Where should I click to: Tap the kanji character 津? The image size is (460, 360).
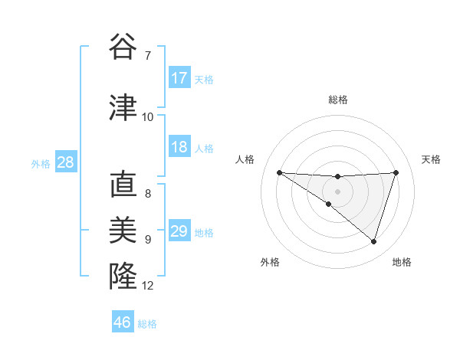point(122,106)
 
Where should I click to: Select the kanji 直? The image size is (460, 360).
point(122,185)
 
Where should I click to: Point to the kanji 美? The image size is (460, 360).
point(122,230)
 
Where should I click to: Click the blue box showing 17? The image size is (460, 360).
point(179,78)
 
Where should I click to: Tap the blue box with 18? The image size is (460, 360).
point(179,147)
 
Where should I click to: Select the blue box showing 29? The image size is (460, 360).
point(179,231)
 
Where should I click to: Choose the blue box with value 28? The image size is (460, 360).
point(65,162)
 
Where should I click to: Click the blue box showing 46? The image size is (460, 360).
point(123,322)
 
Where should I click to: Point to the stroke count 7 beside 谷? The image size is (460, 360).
point(147,55)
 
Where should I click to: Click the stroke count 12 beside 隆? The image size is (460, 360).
point(148,286)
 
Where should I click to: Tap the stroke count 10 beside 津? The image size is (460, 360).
point(148,117)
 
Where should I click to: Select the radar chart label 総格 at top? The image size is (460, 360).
point(338,100)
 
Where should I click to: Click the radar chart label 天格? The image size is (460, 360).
point(431,159)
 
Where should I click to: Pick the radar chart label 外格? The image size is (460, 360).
point(270,262)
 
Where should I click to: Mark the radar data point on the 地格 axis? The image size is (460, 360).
point(373,241)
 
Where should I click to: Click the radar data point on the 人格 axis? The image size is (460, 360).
point(279,172)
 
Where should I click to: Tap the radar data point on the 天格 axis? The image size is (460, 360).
point(396,172)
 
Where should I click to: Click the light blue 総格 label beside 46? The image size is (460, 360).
point(147,324)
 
